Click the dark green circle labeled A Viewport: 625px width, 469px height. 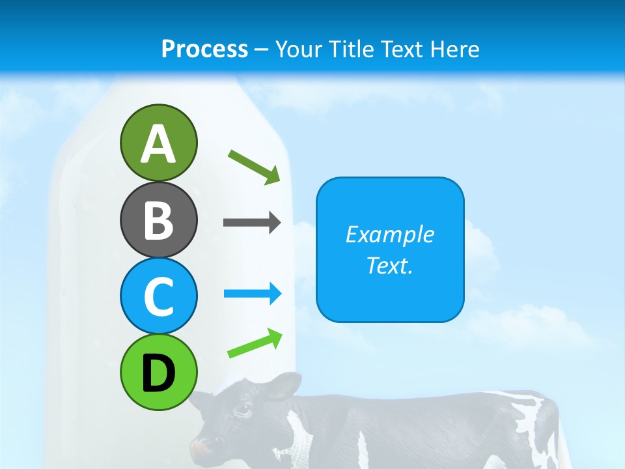158,143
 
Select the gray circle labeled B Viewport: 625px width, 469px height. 158,220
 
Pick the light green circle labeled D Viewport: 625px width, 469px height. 158,372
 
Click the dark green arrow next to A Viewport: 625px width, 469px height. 255,167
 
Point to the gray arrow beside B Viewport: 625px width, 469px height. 252,222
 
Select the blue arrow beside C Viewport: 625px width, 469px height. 253,294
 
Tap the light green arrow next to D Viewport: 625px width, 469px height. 255,343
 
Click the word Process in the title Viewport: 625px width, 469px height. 204,49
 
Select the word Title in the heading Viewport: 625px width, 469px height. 351,49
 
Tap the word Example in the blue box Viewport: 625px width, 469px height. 389,234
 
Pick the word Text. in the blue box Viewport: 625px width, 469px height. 389,265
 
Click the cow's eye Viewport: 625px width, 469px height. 242,410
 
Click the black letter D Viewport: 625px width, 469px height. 158,373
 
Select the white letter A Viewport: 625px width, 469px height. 158,144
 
